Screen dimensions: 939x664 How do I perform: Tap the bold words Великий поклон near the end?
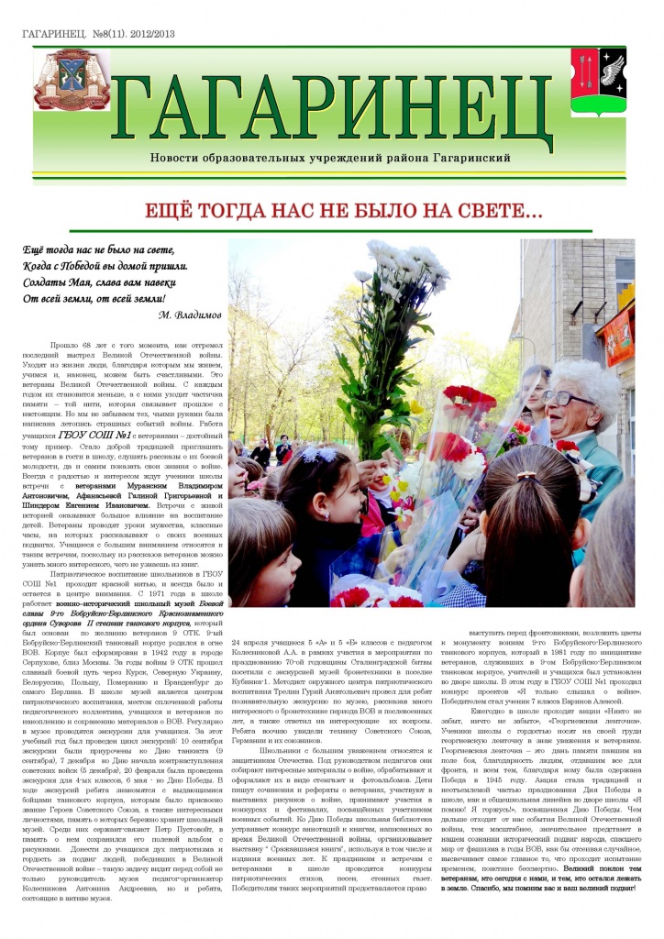pyautogui.click(x=566, y=867)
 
